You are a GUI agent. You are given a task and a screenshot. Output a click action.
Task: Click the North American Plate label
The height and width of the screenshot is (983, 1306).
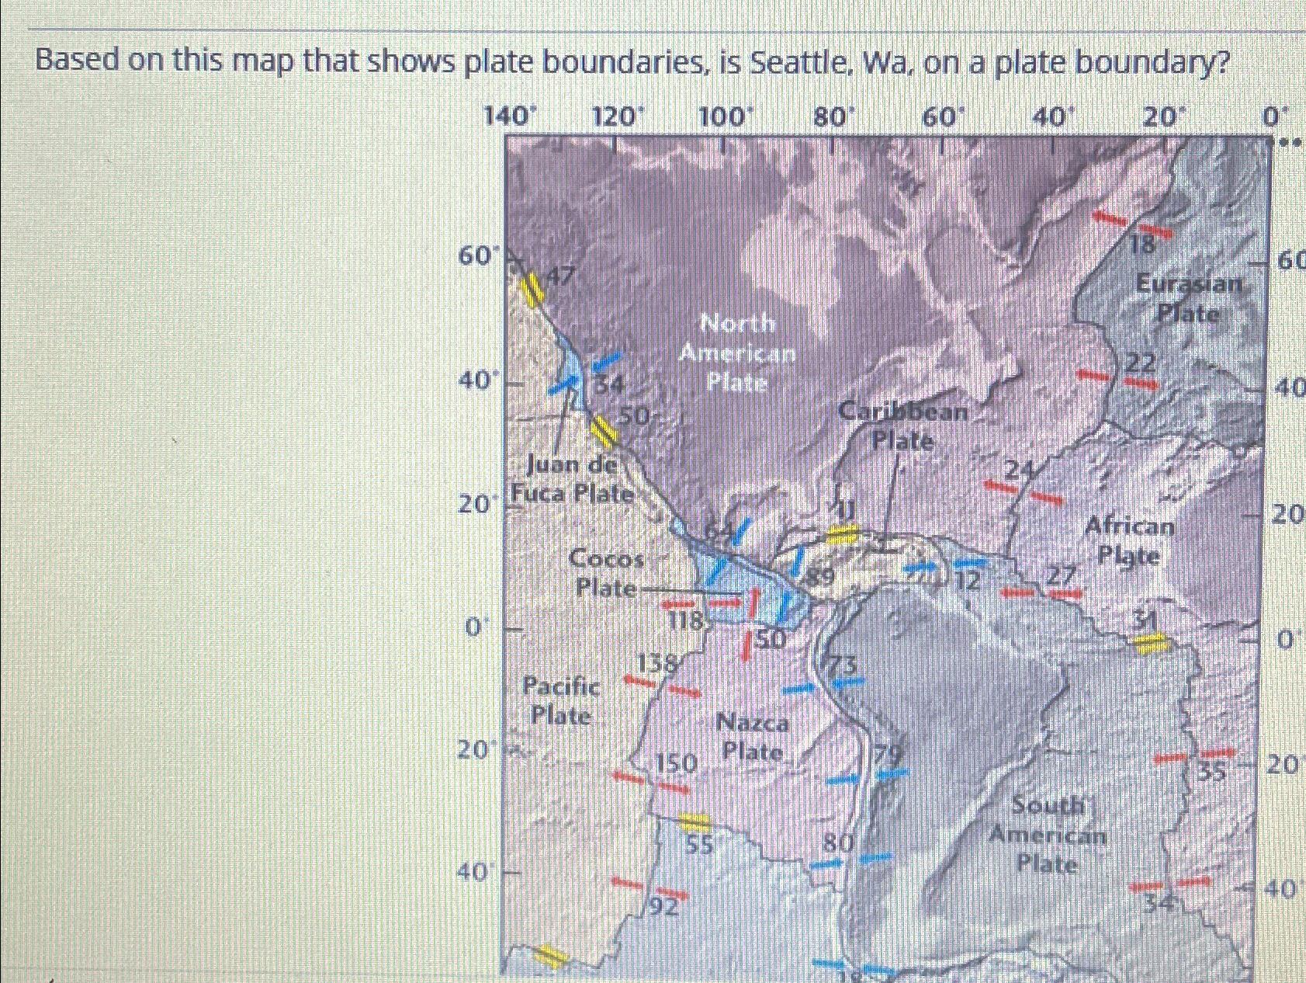pos(736,353)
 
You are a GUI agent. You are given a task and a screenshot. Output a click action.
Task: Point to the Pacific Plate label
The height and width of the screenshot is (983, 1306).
pos(560,700)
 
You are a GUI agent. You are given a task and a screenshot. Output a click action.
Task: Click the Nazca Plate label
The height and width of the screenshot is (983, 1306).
pos(752,737)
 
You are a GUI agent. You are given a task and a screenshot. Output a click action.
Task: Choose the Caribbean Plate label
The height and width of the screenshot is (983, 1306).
pos(903,426)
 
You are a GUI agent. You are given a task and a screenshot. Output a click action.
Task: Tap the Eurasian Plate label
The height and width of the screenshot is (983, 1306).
pos(1189,298)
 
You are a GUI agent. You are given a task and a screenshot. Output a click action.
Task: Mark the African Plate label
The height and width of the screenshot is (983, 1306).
pos(1129,540)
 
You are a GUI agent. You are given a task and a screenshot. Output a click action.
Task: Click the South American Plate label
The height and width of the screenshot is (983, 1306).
pos(1047,835)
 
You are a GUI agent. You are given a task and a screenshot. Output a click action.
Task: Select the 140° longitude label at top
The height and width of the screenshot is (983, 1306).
pos(510,117)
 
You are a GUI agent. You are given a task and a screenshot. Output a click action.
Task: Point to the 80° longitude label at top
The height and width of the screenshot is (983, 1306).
pos(833,117)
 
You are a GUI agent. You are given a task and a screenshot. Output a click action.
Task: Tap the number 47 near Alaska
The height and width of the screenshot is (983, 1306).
pos(560,275)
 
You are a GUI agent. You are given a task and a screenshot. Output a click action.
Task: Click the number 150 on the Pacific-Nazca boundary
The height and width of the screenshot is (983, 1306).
pos(676,763)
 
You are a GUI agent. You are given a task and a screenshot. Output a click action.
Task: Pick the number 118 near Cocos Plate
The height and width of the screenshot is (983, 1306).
pos(686,620)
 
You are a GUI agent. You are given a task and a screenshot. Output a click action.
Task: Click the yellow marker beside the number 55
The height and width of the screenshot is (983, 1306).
pos(694,821)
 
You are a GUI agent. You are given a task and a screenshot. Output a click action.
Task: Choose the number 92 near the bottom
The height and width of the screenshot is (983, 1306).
pos(664,907)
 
